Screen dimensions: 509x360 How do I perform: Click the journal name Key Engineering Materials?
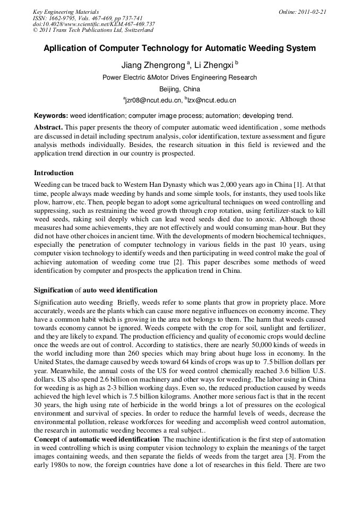click(x=66, y=11)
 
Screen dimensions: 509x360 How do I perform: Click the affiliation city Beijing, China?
click(x=179, y=89)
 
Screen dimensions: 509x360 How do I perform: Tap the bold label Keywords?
click(x=51, y=115)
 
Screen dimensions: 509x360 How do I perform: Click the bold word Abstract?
click(x=48, y=128)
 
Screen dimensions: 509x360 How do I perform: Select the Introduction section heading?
click(x=54, y=172)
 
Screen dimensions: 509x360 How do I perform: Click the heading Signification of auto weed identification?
click(x=96, y=290)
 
